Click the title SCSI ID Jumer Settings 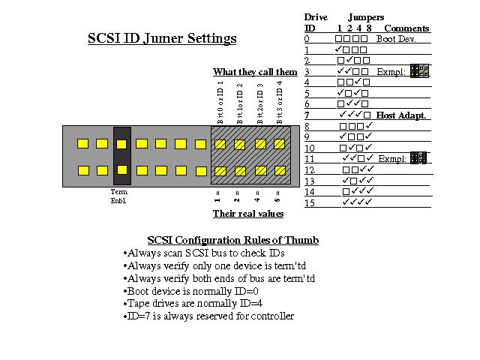coord(162,39)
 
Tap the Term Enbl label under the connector coord(118,196)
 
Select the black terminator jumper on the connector coord(122,156)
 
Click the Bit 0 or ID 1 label coord(220,102)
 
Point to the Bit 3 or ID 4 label coord(279,102)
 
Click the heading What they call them coord(255,72)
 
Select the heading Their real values coord(248,213)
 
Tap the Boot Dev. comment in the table coord(396,39)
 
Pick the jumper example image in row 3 coord(419,71)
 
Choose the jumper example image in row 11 coord(418,158)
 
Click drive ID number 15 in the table coord(310,202)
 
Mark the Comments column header coord(406,28)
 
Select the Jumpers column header coord(366,17)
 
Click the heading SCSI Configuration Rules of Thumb coord(233,240)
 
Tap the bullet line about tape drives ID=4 coord(193,303)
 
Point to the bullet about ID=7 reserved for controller coord(208,316)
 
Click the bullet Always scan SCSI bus coord(204,253)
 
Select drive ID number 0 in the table coord(307,39)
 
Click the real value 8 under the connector coord(277,197)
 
